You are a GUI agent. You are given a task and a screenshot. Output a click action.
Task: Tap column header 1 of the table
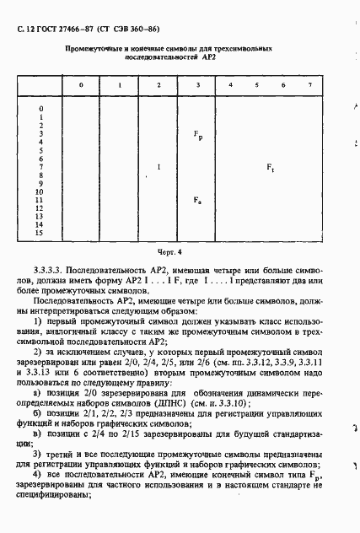(120, 86)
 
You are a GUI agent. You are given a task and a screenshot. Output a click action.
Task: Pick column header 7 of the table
(309, 86)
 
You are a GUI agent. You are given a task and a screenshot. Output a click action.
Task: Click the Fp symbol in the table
(197, 135)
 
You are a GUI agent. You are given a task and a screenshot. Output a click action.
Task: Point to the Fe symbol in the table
(197, 200)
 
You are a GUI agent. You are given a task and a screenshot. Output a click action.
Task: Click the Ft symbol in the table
(270, 168)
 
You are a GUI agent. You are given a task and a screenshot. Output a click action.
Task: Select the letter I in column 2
(159, 167)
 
